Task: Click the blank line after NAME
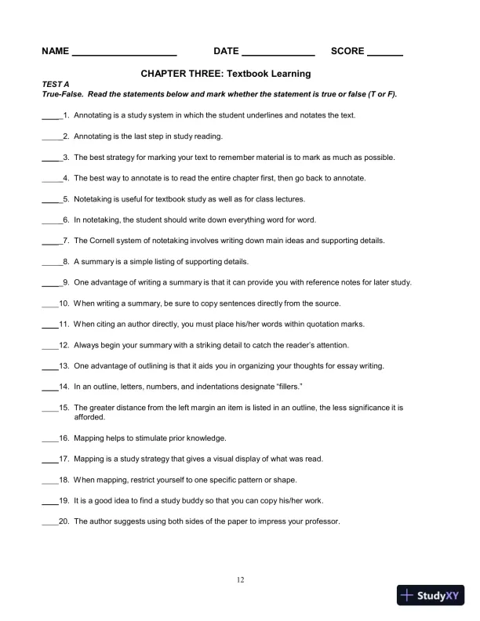(124, 54)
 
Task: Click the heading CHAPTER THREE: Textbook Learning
(226, 74)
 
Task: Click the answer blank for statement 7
(50, 242)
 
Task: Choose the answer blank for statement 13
(49, 368)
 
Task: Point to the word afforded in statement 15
(89, 417)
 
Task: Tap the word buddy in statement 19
(201, 500)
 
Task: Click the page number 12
(240, 580)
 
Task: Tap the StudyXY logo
(431, 595)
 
